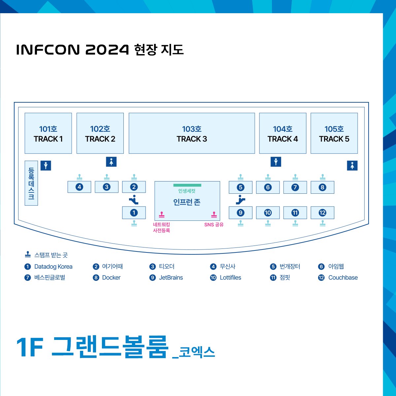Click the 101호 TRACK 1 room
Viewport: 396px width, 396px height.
click(x=48, y=133)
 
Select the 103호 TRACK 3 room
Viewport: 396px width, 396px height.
click(x=192, y=133)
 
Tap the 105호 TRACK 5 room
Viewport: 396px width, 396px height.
click(x=334, y=133)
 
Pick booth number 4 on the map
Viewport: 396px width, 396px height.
click(x=79, y=187)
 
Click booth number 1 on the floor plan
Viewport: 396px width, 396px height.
click(x=134, y=213)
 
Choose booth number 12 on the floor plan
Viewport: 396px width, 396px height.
click(x=322, y=213)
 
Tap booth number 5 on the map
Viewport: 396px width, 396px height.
click(x=241, y=187)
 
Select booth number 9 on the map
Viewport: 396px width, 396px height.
click(x=241, y=213)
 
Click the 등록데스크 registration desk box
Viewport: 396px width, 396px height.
click(x=31, y=183)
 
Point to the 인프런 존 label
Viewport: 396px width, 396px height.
click(x=187, y=202)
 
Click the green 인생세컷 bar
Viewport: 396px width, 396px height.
click(x=187, y=185)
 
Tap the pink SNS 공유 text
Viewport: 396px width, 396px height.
click(x=214, y=225)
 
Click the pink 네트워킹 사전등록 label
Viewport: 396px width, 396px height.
click(x=161, y=228)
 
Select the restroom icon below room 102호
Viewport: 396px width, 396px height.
click(x=111, y=162)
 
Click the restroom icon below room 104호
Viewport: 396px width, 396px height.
click(x=276, y=162)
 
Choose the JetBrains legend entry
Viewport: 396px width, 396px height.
click(x=171, y=278)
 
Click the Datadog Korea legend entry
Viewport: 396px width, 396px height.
click(x=53, y=267)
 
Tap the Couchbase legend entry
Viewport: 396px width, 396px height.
click(x=343, y=278)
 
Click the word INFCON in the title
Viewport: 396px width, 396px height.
click(x=48, y=50)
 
